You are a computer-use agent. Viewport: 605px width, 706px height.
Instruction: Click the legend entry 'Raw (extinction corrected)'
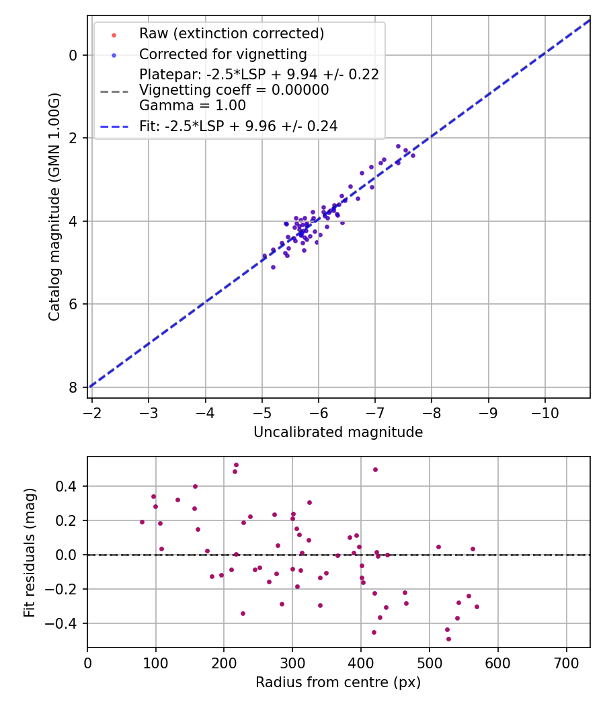click(231, 34)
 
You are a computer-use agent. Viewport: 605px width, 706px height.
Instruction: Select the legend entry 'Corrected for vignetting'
click(223, 54)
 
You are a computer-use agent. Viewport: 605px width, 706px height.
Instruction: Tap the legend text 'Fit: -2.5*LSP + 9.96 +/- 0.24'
click(238, 126)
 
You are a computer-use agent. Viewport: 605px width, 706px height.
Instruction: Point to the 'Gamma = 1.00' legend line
click(192, 106)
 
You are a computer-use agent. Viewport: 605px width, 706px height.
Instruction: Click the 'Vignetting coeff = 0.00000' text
click(234, 90)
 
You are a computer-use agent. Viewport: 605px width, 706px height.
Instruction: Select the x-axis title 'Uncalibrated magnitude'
click(338, 432)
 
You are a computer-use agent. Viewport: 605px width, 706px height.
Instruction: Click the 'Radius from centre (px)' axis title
click(338, 682)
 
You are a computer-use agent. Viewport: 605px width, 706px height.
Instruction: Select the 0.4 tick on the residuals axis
click(70, 486)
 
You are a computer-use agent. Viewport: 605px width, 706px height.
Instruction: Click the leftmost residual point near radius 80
click(142, 522)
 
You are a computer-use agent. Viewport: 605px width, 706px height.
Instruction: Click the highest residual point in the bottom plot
click(236, 465)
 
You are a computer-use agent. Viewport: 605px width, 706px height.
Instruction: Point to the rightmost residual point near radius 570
click(477, 606)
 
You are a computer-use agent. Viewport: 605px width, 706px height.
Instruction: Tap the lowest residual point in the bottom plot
click(448, 639)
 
